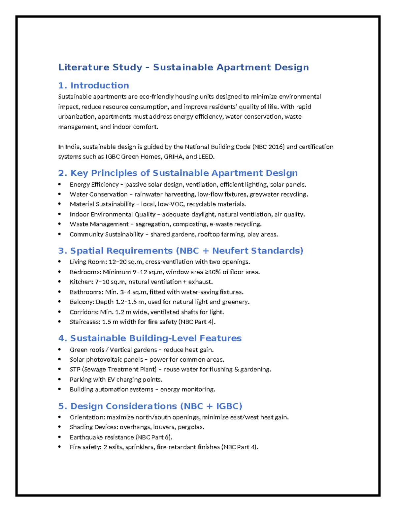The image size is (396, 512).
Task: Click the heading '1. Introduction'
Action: click(x=93, y=85)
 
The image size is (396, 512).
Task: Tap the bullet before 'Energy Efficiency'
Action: click(x=60, y=184)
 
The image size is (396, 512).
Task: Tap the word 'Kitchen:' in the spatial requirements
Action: click(x=82, y=282)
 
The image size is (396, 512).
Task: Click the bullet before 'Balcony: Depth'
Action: click(x=60, y=302)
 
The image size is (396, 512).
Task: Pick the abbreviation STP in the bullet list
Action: click(x=75, y=369)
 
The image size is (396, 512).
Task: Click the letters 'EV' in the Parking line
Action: click(x=111, y=379)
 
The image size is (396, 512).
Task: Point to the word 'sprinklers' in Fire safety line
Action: click(x=139, y=447)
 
